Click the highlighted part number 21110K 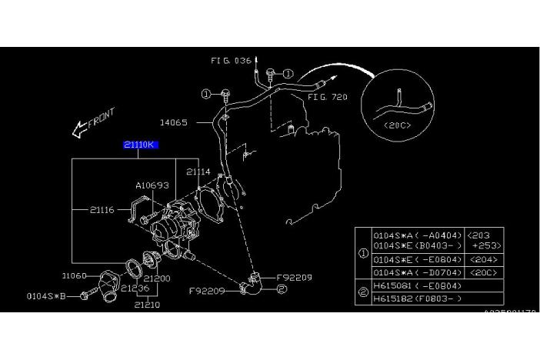[x=140, y=145]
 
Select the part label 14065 [x=173, y=122]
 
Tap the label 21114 [x=198, y=172]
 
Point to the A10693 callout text [x=152, y=185]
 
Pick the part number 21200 [x=156, y=278]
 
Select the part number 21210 [x=148, y=305]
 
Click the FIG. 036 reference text [x=231, y=60]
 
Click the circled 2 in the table [x=362, y=291]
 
